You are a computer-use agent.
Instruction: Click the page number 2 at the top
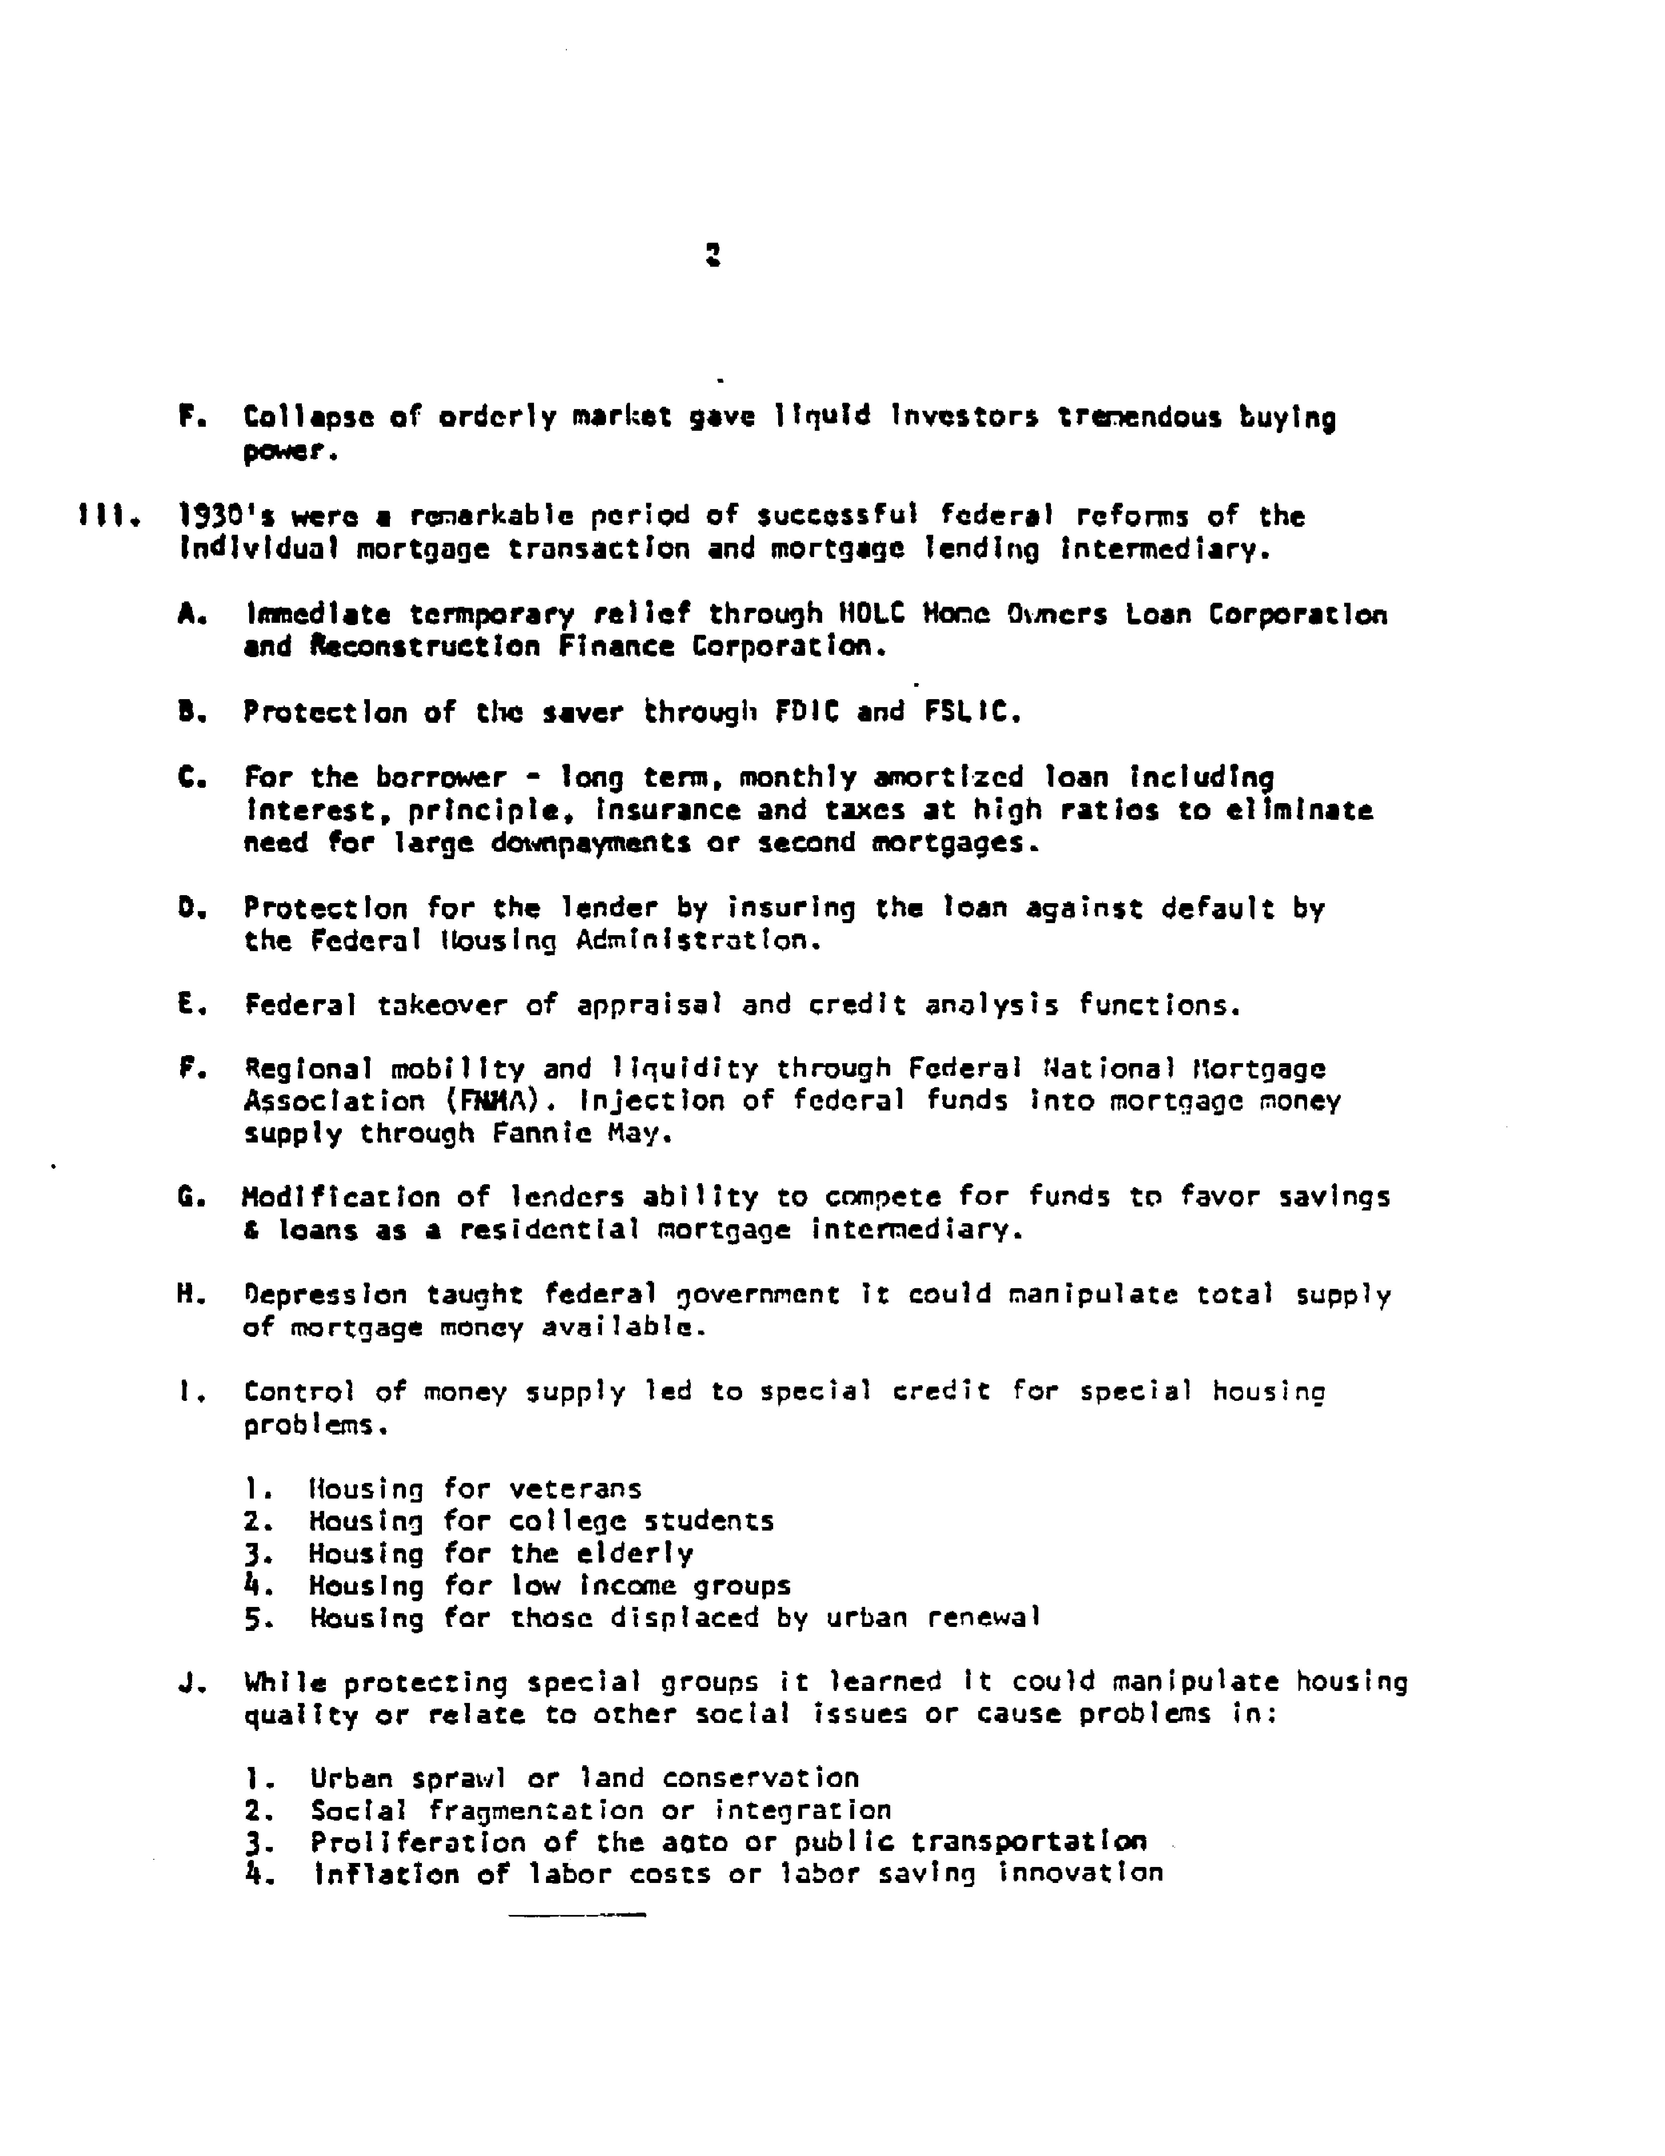pos(713,257)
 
